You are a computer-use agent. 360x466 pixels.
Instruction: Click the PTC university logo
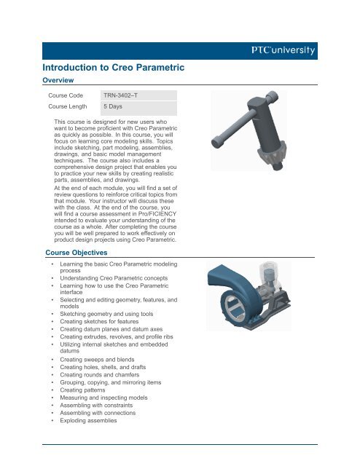pyautogui.click(x=283, y=50)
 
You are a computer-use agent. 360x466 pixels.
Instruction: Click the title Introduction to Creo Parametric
pyautogui.click(x=114, y=67)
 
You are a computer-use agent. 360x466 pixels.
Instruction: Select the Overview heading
pyautogui.click(x=58, y=80)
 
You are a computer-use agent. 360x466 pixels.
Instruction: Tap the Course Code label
pyautogui.click(x=66, y=95)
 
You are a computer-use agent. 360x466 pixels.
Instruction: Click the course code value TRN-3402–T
pyautogui.click(x=120, y=95)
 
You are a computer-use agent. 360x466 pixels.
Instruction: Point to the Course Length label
pyautogui.click(x=68, y=106)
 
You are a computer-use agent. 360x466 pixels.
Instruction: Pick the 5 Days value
pyautogui.click(x=113, y=106)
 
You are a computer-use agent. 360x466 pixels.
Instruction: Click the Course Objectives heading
pyautogui.click(x=77, y=253)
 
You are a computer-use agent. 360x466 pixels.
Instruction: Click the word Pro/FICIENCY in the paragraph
pyautogui.click(x=157, y=213)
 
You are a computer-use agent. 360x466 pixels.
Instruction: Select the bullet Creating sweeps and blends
pyautogui.click(x=97, y=360)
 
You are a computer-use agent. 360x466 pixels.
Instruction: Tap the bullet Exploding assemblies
pyautogui.click(x=88, y=421)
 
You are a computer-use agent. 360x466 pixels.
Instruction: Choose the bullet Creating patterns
pyautogui.click(x=82, y=390)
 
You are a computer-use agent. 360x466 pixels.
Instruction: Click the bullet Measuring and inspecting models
pyautogui.click(x=103, y=398)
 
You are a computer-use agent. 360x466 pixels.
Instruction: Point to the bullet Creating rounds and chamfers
pyautogui.click(x=99, y=375)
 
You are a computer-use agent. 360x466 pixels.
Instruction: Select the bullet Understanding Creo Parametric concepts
pyautogui.click(x=114, y=278)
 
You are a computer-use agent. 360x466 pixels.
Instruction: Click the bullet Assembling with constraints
pyautogui.click(x=96, y=406)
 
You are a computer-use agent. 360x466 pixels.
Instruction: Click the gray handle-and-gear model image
pyautogui.click(x=249, y=130)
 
